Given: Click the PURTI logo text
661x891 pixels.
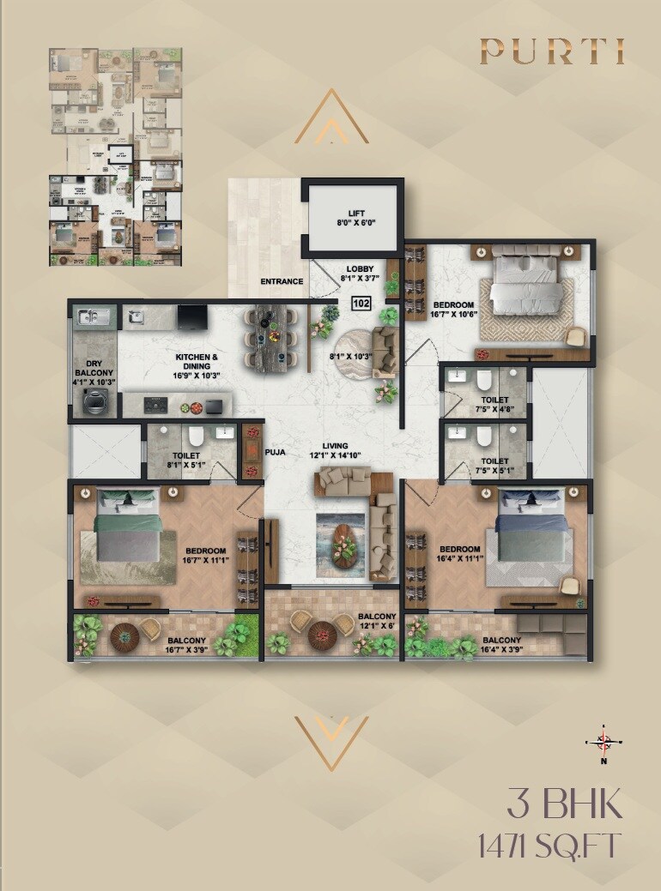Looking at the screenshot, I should click(551, 52).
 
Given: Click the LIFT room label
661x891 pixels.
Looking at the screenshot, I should click(356, 217).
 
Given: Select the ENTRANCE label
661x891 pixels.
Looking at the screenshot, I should click(282, 281).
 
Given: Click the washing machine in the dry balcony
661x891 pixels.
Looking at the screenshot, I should click(94, 399).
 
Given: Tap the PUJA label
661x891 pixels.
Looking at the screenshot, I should click(276, 449).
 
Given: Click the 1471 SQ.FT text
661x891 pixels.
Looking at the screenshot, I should click(549, 846).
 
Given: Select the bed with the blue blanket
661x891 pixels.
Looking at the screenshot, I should click(529, 537).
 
